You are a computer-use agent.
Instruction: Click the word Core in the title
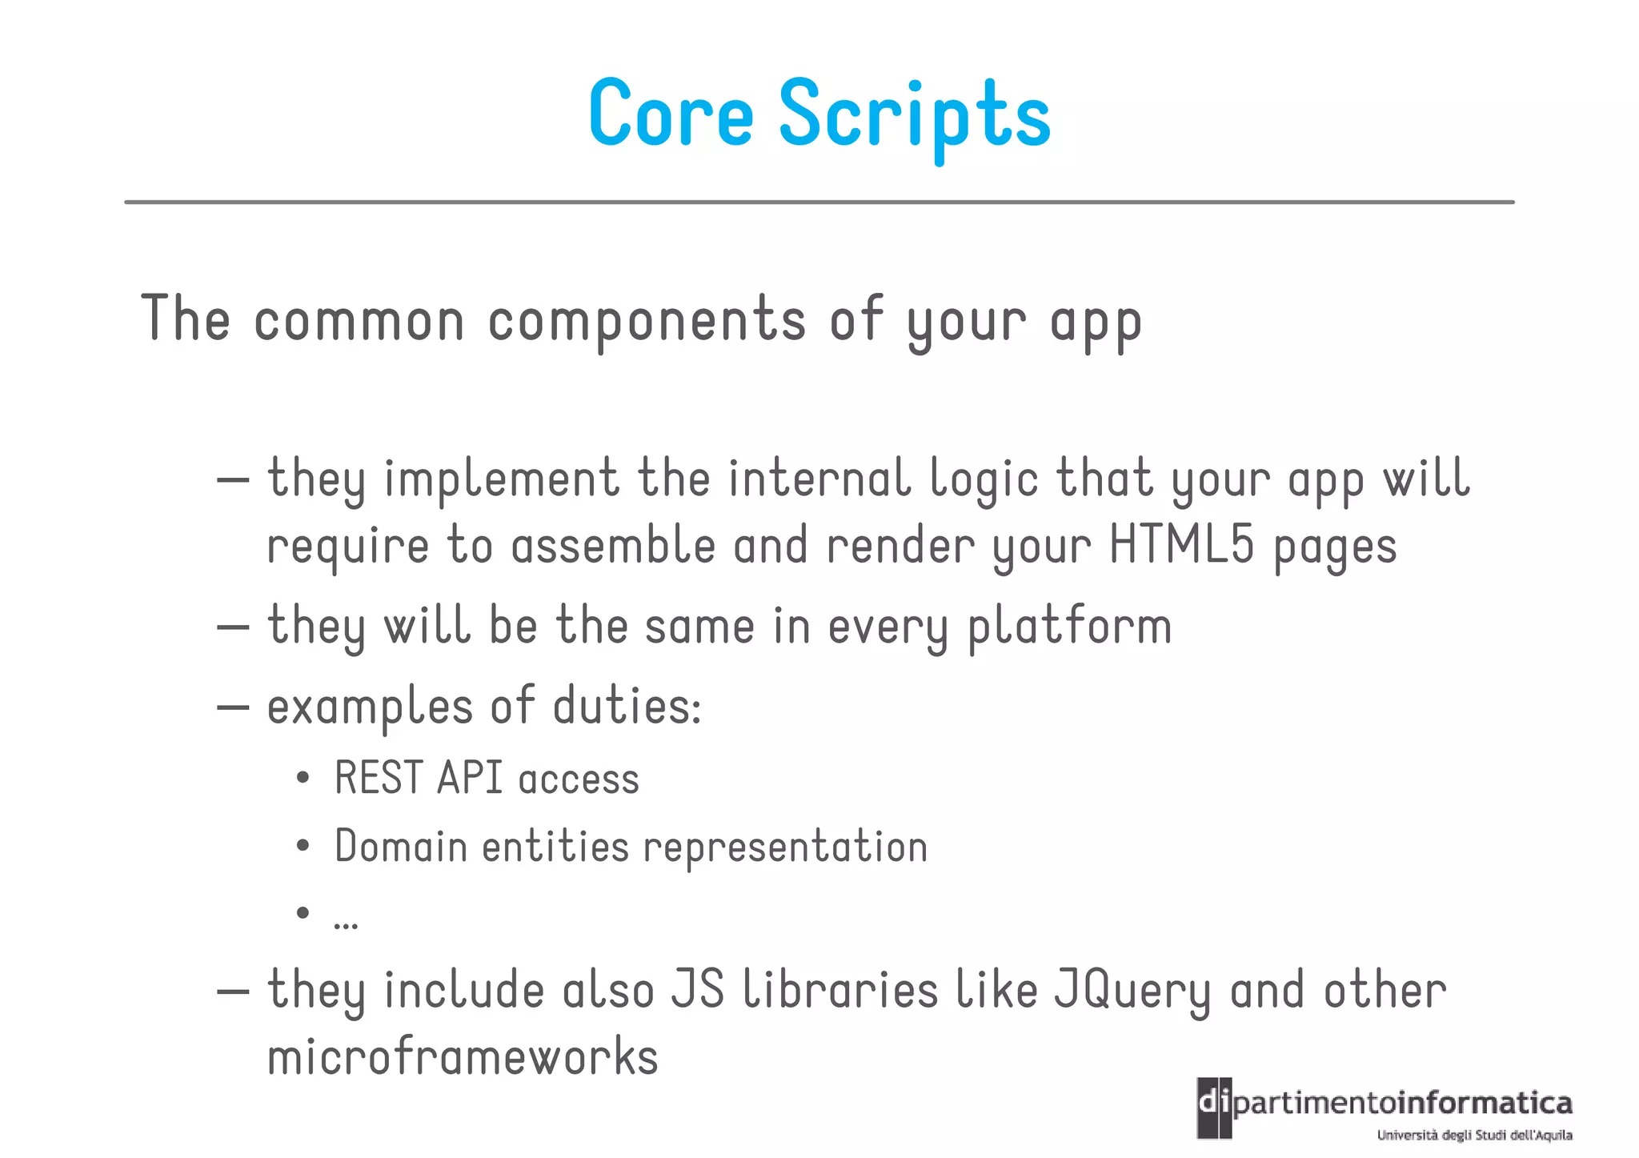pyautogui.click(x=671, y=114)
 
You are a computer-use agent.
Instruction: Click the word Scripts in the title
pyautogui.click(x=914, y=117)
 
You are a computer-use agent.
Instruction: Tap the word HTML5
pyautogui.click(x=1181, y=546)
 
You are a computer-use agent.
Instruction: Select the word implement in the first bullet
pyautogui.click(x=502, y=480)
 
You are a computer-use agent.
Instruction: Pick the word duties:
pyautogui.click(x=627, y=707)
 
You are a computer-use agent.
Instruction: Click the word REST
pyautogui.click(x=379, y=779)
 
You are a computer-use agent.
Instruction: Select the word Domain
pyautogui.click(x=401, y=847)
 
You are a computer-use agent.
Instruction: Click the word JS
pyautogui.click(x=697, y=991)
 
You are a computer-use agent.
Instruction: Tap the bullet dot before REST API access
pyautogui.click(x=303, y=779)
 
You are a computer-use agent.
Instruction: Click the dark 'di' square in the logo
pyautogui.click(x=1213, y=1107)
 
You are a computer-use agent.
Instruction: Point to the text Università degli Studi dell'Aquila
pyautogui.click(x=1474, y=1135)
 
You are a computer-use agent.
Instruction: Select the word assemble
pyautogui.click(x=613, y=546)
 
